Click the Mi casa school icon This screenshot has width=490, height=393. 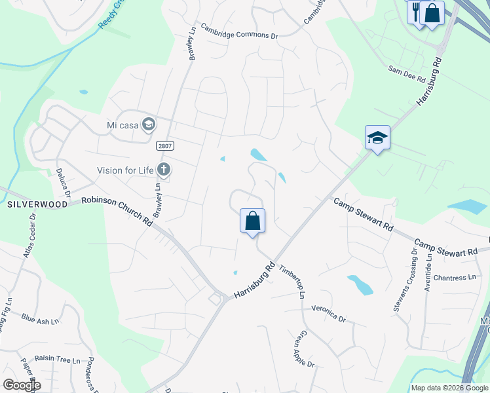coord(149,124)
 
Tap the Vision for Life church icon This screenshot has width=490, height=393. coord(164,170)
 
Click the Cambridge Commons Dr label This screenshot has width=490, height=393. coord(238,31)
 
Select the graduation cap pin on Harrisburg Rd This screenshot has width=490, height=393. coord(377,138)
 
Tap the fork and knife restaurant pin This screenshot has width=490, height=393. coord(415,12)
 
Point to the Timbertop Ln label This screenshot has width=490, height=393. coord(293,281)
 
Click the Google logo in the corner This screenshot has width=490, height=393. coord(22,384)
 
